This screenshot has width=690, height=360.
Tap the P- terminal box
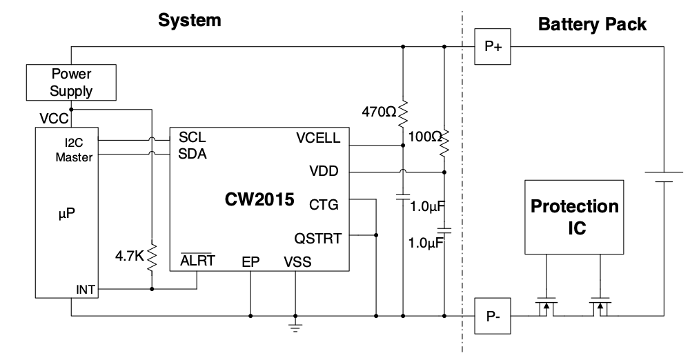[493, 317]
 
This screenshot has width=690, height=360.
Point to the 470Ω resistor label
[379, 110]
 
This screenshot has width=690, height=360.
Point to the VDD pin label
[325, 171]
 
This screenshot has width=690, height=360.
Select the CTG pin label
[325, 204]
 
